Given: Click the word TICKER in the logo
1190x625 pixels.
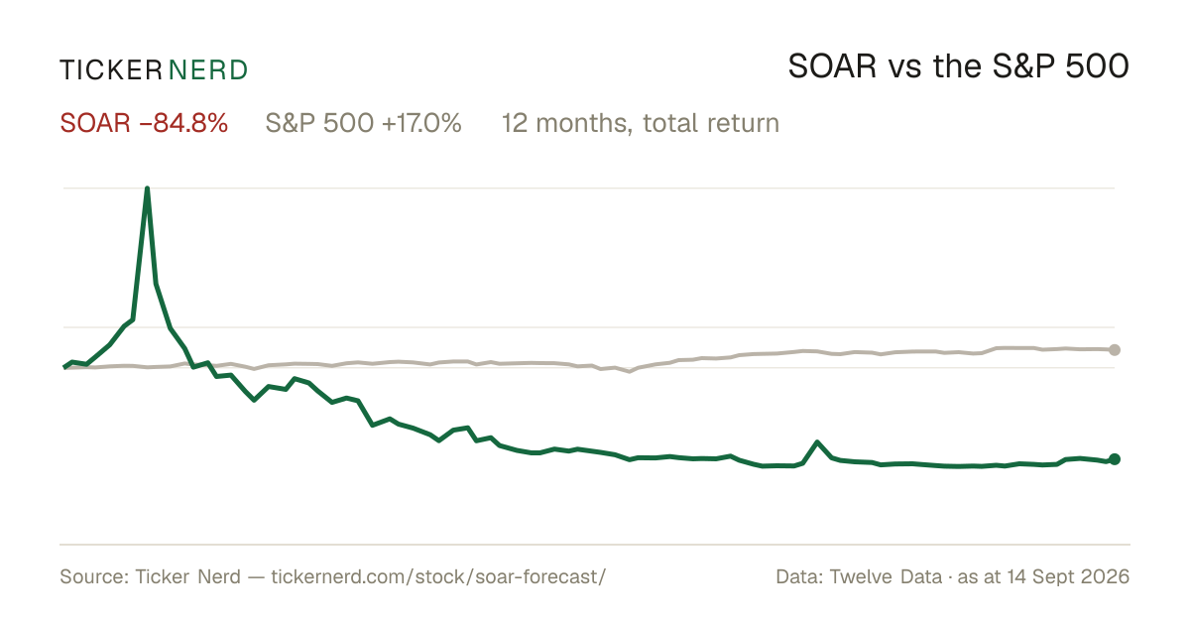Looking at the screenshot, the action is [110, 70].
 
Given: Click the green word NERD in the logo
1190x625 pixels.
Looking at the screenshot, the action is [207, 70].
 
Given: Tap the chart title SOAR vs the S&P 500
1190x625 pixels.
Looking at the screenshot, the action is [958, 67].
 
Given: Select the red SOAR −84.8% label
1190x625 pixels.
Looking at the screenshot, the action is [144, 123].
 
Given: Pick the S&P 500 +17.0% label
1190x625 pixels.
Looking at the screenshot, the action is [363, 123].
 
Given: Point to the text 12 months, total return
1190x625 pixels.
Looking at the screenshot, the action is [641, 124].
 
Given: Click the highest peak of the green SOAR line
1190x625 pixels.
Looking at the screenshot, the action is [147, 188].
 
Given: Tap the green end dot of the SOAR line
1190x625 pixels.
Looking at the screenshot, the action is [1115, 459].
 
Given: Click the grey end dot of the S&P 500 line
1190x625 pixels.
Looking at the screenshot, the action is [1115, 349].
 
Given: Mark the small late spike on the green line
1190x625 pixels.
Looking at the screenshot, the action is [817, 442].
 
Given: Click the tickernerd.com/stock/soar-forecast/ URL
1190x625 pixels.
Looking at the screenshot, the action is [438, 576].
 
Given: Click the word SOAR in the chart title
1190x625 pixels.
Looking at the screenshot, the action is [832, 67].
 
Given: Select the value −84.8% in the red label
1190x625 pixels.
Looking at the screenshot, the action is [183, 123].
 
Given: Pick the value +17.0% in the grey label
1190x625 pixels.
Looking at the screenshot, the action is [421, 123].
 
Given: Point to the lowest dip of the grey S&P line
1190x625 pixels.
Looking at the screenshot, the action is [630, 371].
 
